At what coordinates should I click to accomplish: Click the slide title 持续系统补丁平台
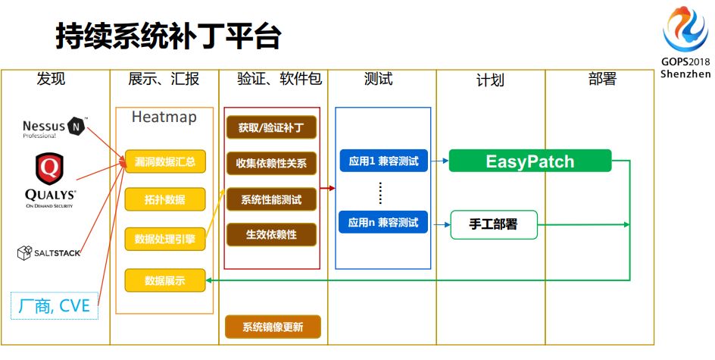pos(168,36)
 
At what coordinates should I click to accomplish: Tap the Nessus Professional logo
pos(55,127)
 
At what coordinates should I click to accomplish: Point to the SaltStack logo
pos(48,252)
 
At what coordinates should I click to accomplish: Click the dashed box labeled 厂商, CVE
pos(55,305)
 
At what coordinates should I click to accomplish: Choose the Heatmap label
pos(164,117)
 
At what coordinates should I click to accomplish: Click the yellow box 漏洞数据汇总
pos(164,161)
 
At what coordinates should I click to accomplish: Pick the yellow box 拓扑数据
pos(164,200)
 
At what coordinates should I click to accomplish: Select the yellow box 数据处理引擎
pos(164,239)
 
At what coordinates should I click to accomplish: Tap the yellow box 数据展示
pos(164,280)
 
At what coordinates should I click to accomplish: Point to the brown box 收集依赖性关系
pos(271,162)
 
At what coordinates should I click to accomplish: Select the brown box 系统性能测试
pos(271,200)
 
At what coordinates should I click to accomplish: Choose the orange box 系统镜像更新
pos(273,327)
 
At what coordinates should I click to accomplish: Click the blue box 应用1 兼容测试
pos(383,161)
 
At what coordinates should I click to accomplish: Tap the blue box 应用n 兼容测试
pos(383,223)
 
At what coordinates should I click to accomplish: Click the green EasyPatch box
pos(529,161)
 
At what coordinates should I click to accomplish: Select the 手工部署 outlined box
pos(494,224)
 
